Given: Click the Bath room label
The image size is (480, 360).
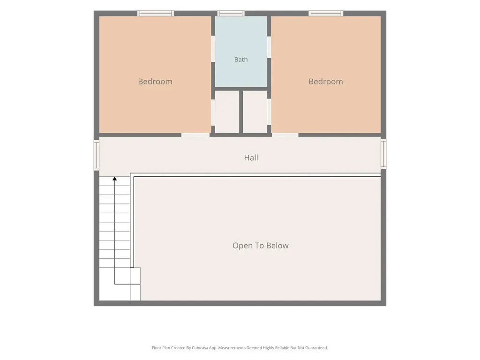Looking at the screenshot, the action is pyautogui.click(x=241, y=60).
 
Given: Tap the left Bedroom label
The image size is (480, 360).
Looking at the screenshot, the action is pyautogui.click(x=155, y=82).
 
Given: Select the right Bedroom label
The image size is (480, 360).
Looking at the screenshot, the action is pyautogui.click(x=325, y=82).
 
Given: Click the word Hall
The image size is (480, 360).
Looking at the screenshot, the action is pyautogui.click(x=251, y=157).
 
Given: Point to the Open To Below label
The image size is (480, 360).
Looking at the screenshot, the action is pyautogui.click(x=261, y=246).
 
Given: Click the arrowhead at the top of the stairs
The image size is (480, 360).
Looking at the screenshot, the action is pyautogui.click(x=114, y=179).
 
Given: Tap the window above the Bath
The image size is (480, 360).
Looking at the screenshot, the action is pyautogui.click(x=231, y=13).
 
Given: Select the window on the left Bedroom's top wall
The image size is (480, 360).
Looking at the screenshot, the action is pyautogui.click(x=156, y=13).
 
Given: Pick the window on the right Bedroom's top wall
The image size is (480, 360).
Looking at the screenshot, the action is pyautogui.click(x=326, y=13).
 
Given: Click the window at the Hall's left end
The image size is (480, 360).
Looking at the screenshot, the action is pyautogui.click(x=97, y=155).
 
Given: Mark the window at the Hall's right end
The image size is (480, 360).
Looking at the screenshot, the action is pyautogui.click(x=383, y=154).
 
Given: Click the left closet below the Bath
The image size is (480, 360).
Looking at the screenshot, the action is pyautogui.click(x=227, y=112).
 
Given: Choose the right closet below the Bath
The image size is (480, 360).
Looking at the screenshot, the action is pyautogui.click(x=255, y=112).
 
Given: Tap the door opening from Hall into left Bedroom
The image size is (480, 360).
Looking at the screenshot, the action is pyautogui.click(x=195, y=135).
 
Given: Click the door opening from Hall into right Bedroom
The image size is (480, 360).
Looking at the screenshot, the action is pyautogui.click(x=285, y=135).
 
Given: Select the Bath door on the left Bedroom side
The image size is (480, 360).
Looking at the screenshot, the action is pyautogui.click(x=213, y=49).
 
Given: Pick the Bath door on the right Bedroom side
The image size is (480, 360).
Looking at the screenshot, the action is pyautogui.click(x=269, y=47).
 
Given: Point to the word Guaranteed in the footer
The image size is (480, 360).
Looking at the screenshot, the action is pyautogui.click(x=317, y=348).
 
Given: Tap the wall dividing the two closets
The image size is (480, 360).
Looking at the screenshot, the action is pyautogui.click(x=241, y=112).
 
